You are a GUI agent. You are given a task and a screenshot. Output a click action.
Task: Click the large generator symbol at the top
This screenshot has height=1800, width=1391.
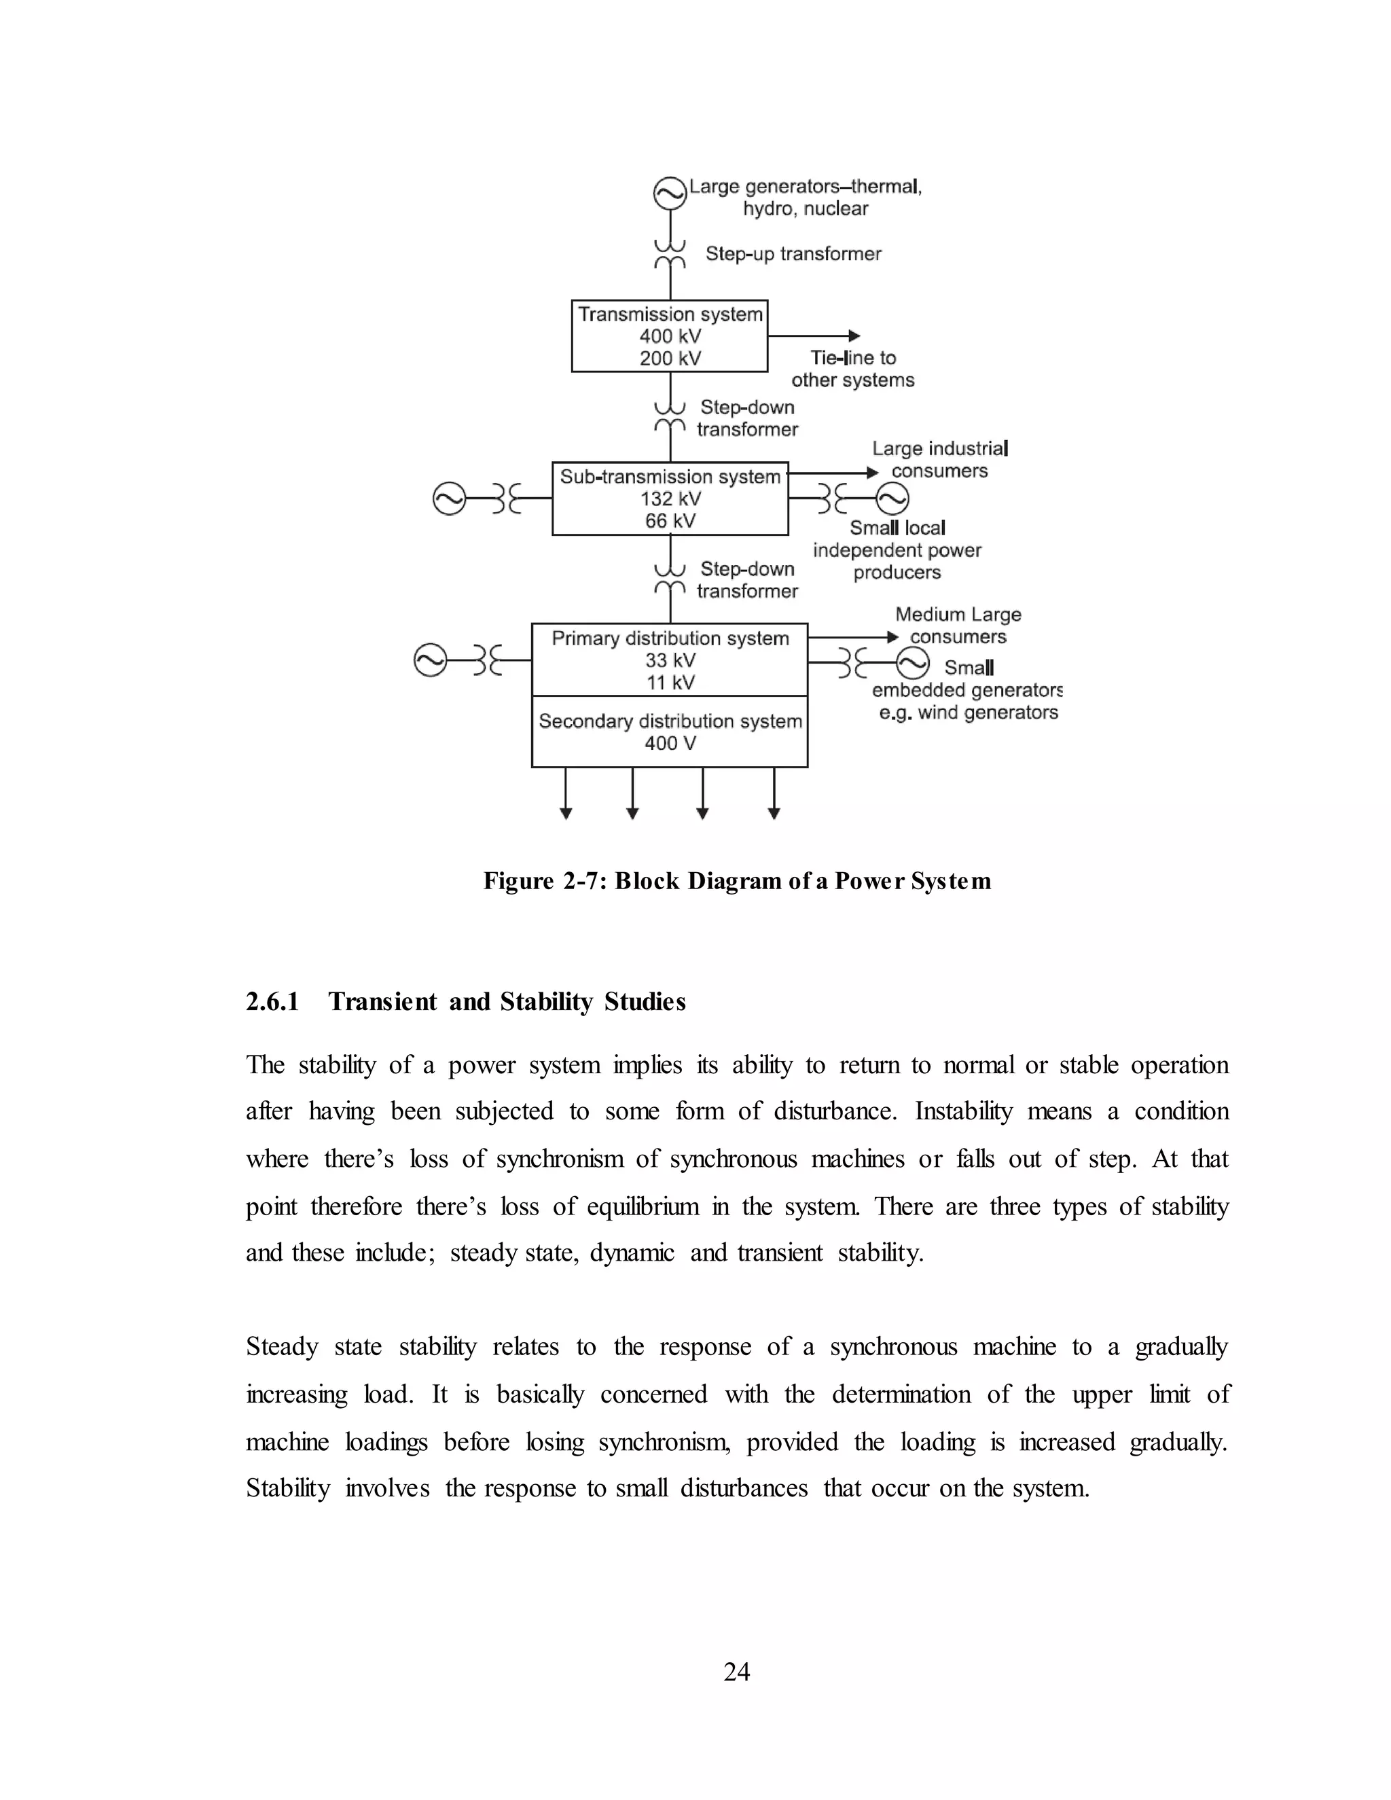click(670, 194)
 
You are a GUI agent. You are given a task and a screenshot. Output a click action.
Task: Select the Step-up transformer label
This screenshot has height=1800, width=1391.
click(793, 254)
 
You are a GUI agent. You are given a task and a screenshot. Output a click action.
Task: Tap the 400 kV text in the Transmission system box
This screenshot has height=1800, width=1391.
click(670, 336)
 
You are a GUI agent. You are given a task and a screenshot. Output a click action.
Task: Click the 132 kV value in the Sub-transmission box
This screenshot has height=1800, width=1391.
click(670, 499)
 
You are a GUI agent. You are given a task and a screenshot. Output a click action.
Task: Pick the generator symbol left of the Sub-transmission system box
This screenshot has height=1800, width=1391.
click(449, 499)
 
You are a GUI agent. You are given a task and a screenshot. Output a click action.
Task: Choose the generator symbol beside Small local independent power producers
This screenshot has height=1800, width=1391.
click(892, 499)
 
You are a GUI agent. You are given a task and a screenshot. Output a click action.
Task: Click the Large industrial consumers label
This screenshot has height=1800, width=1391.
click(939, 460)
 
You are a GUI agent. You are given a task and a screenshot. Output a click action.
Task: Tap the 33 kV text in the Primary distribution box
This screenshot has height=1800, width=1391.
click(670, 660)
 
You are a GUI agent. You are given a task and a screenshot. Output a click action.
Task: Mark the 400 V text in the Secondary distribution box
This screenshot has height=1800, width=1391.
click(670, 743)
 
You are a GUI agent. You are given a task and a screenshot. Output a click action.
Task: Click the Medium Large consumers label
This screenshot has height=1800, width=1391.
click(958, 626)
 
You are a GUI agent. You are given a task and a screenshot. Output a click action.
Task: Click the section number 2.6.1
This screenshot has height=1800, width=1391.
click(272, 1001)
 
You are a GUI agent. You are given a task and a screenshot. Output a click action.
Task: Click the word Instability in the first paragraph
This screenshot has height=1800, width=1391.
click(962, 1112)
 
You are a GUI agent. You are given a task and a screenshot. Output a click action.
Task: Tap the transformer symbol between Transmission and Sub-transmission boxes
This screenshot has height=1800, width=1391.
click(670, 418)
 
